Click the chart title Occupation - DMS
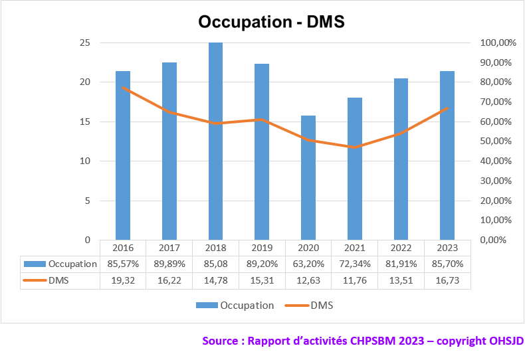pyautogui.click(x=272, y=21)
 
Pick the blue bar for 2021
pyautogui.click(x=355, y=169)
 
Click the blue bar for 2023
pyautogui.click(x=447, y=155)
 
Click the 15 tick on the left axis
pyautogui.click(x=85, y=122)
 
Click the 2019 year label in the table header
pyautogui.click(x=262, y=248)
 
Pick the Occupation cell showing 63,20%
pyautogui.click(x=308, y=264)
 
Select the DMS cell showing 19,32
pyautogui.click(x=123, y=280)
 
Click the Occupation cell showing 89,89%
pyautogui.click(x=169, y=264)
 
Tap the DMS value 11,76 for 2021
pyautogui.click(x=355, y=280)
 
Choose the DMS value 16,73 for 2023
pyautogui.click(x=447, y=280)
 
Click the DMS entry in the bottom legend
pyautogui.click(x=321, y=306)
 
